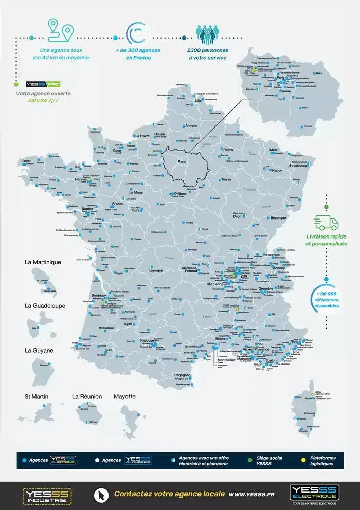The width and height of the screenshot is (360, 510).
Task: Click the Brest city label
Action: [27, 161]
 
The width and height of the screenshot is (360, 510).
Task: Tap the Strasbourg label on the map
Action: [299, 166]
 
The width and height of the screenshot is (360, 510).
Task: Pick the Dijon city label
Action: [237, 217]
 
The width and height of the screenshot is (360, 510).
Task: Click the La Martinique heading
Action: [43, 262]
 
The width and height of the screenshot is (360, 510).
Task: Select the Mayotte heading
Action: [124, 396]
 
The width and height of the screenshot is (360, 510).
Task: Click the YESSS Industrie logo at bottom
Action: [47, 496]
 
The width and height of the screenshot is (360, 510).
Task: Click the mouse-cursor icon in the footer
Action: [100, 495]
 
